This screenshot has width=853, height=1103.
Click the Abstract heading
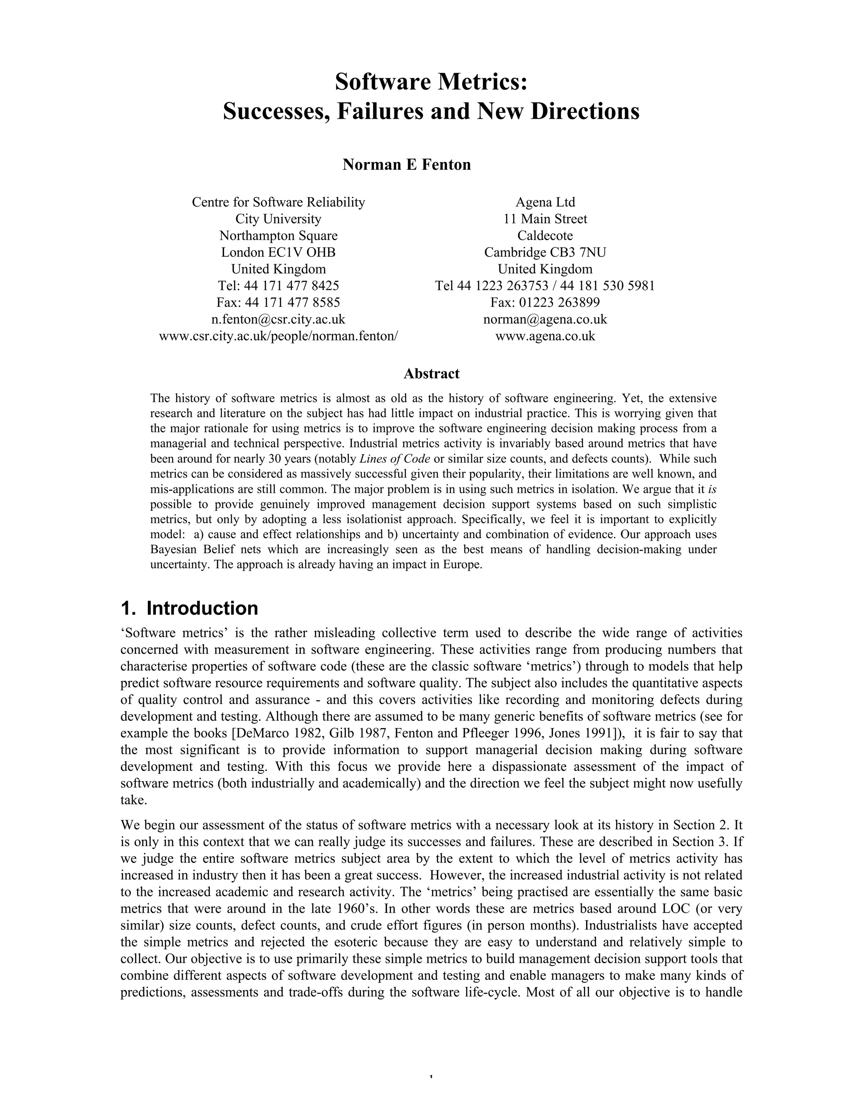pos(431,374)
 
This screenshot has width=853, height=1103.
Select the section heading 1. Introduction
pos(190,608)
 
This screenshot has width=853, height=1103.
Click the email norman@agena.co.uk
pos(545,319)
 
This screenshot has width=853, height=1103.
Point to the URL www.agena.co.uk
pos(545,336)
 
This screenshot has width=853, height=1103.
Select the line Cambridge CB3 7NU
pos(545,252)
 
